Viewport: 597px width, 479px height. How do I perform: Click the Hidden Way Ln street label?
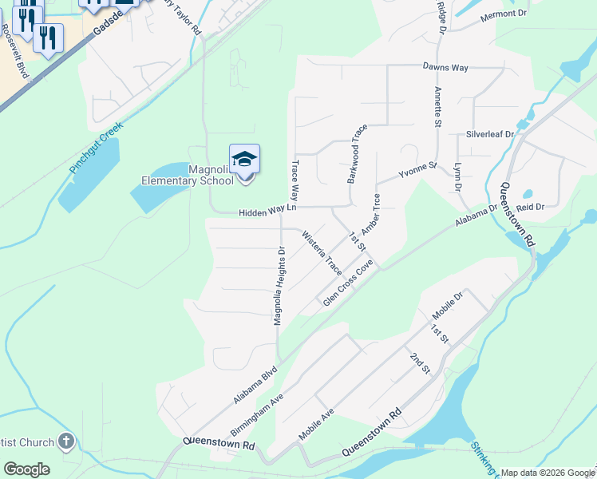267,211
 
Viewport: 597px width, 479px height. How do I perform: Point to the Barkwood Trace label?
357,154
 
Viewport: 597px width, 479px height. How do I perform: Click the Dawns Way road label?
445,68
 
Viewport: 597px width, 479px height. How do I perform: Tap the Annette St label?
437,107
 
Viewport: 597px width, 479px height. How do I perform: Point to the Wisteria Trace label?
322,253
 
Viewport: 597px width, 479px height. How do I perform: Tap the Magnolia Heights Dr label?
279,286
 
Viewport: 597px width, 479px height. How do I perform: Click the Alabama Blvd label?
255,385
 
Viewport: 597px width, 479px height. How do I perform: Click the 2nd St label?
420,363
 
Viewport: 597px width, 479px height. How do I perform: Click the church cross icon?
65,441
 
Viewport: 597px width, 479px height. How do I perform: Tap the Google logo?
26,469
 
